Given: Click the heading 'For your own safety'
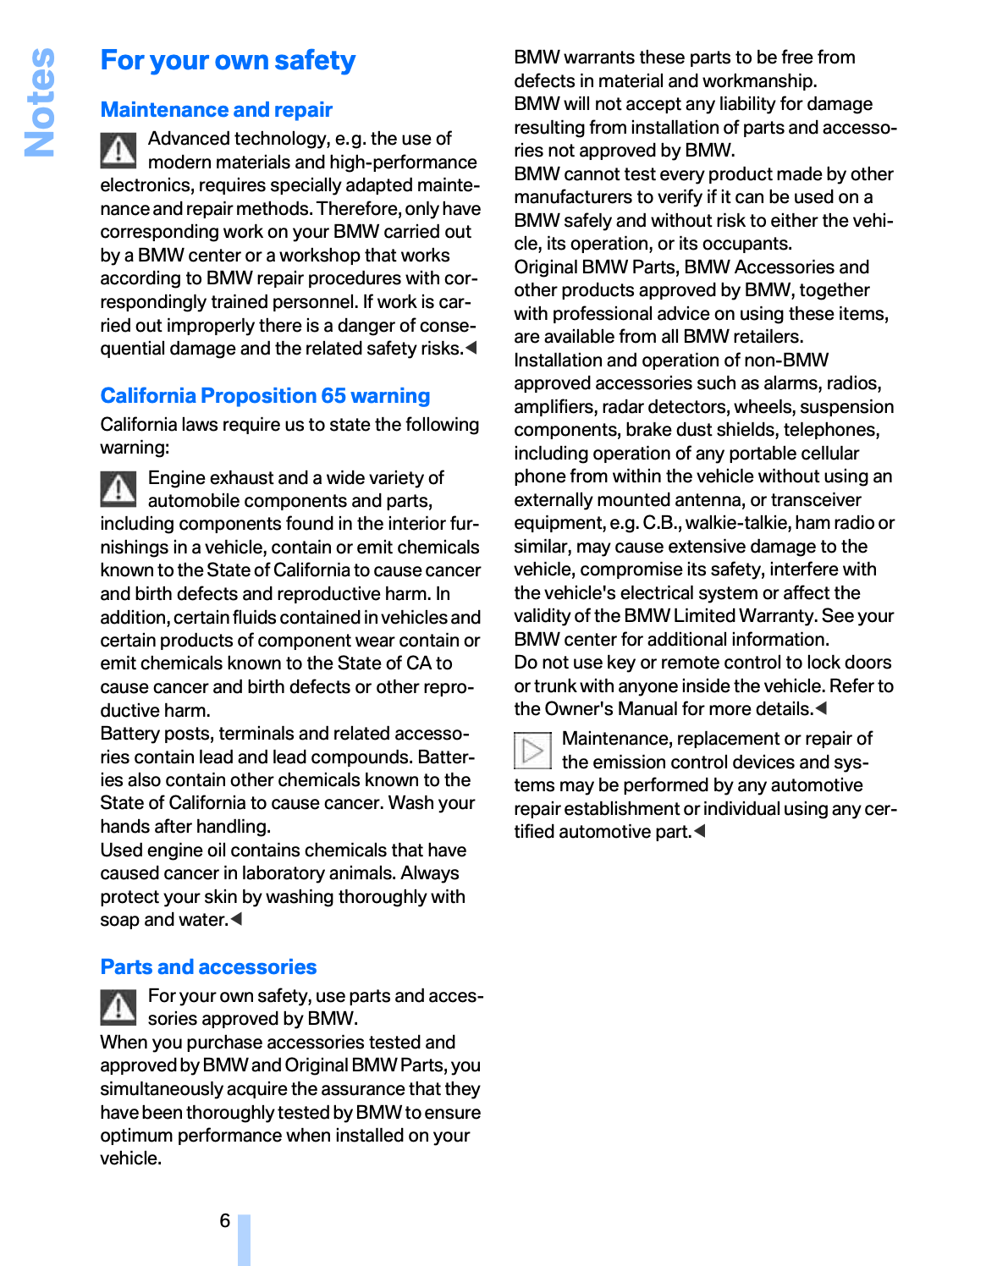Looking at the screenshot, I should [x=228, y=61].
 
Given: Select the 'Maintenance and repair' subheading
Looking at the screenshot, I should [x=216, y=110].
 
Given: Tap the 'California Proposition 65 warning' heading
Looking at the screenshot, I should [x=265, y=396].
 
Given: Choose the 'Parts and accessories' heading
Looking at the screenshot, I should [x=208, y=967].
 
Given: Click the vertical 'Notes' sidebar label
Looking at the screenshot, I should [x=40, y=102].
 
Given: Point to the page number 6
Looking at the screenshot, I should [x=225, y=1220].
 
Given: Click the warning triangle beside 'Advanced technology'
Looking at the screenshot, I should [x=118, y=151].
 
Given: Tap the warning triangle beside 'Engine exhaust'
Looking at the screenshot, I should [x=118, y=488].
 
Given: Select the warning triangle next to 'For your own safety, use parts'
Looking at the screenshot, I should [x=118, y=1006].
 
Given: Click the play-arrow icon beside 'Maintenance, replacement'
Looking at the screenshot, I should [x=532, y=750].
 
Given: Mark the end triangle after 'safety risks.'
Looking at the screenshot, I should [x=471, y=348].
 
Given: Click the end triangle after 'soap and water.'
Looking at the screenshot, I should [x=236, y=919].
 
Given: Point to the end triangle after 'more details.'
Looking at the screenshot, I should [x=821, y=708].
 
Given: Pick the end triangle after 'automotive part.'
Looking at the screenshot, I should [x=699, y=831].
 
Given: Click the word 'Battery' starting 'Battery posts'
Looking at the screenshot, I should [x=130, y=734].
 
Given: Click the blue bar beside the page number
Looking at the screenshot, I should [x=244, y=1240].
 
